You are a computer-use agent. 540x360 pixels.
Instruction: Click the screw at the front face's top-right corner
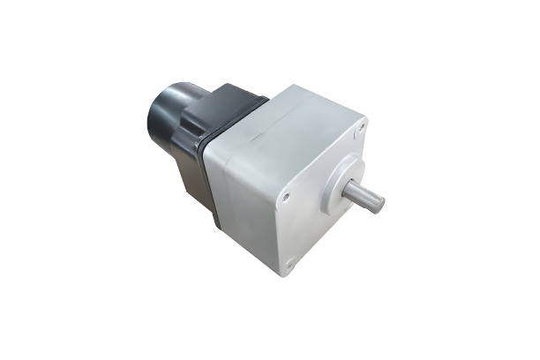click(x=361, y=129)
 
